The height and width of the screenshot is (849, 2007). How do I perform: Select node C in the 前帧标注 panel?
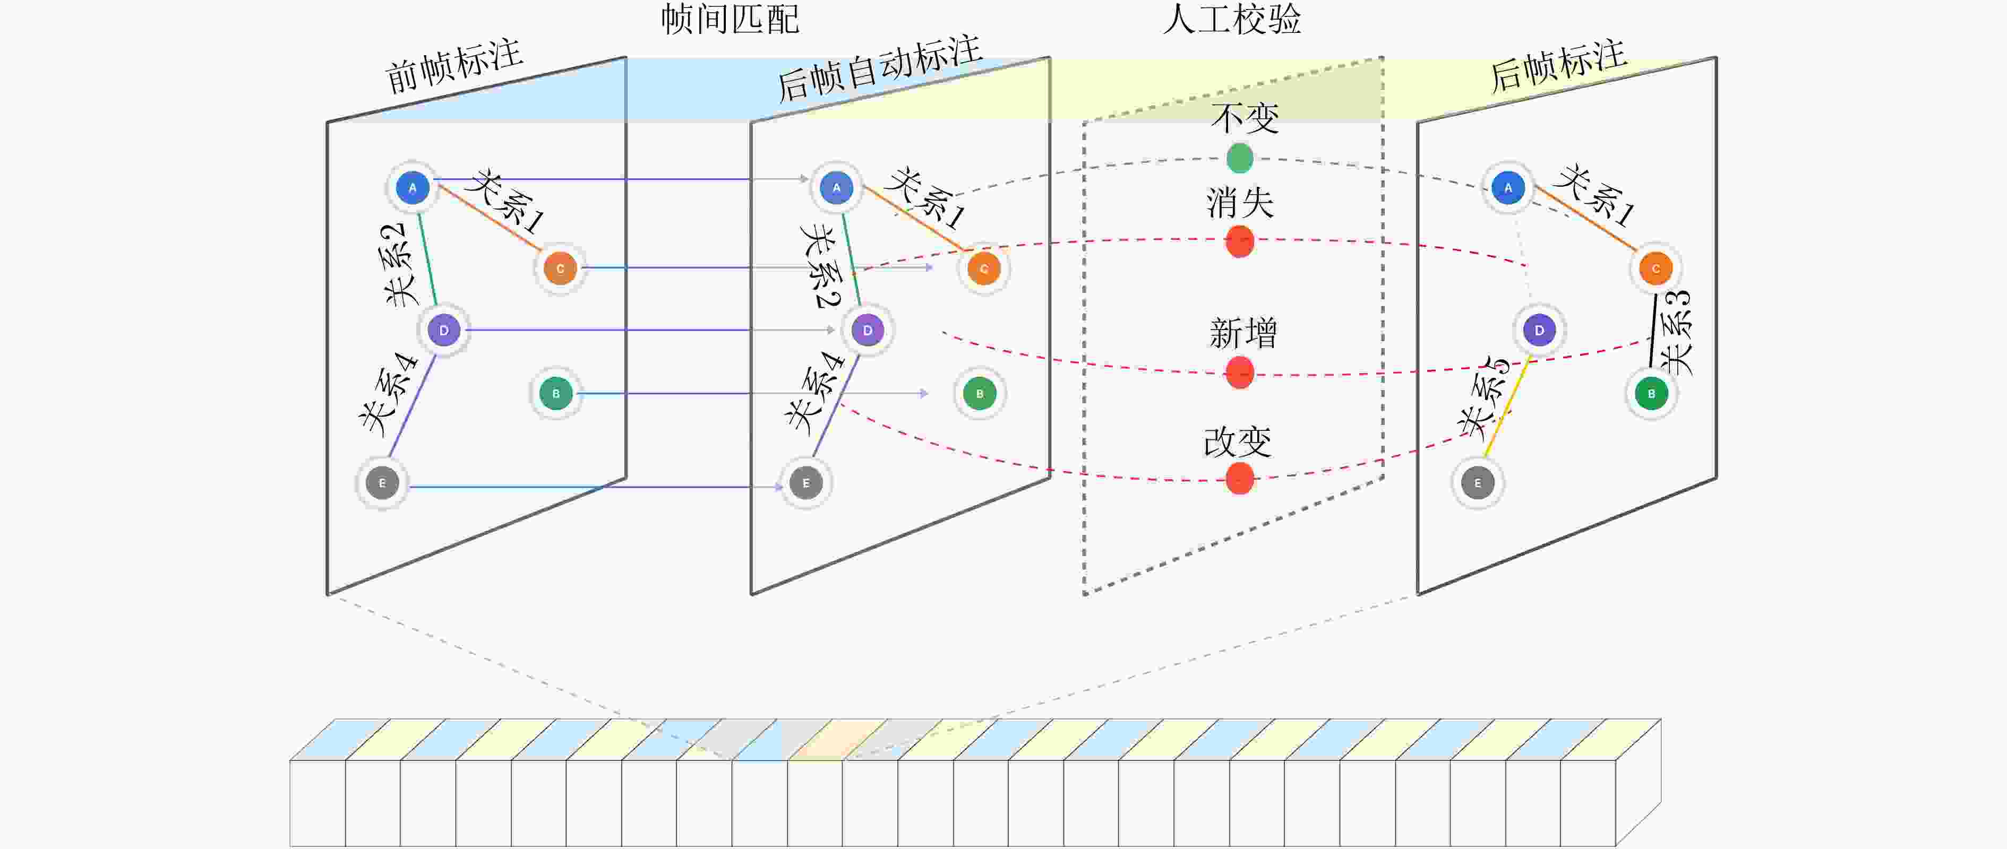[560, 268]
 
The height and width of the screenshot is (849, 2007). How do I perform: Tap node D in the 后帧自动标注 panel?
[867, 330]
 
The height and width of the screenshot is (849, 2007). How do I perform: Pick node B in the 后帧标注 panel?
[1651, 393]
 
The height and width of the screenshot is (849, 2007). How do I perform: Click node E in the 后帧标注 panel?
[1477, 483]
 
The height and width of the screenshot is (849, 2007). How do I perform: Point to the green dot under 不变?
[1240, 158]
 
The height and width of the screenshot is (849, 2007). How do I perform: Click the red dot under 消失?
[1240, 241]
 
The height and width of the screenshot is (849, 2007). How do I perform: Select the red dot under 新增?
[1240, 372]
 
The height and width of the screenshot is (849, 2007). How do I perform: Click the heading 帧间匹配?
[730, 19]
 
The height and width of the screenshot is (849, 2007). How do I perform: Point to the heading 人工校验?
[1232, 19]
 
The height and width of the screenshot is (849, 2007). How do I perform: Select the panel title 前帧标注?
[453, 66]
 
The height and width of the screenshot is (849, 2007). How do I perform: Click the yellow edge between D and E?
[1507, 406]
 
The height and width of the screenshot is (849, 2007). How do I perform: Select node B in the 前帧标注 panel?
[555, 393]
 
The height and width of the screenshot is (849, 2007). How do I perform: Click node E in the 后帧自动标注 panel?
[805, 483]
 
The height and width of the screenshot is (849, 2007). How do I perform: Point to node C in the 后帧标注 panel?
[1656, 268]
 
